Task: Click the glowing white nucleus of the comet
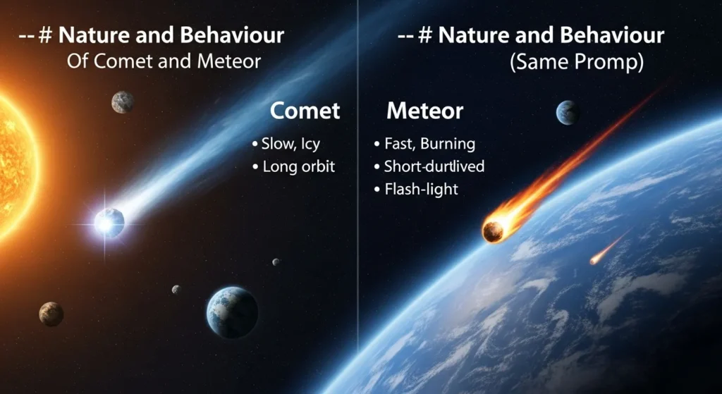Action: tap(109, 223)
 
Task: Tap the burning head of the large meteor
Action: tap(494, 230)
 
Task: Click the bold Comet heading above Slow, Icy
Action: tap(305, 111)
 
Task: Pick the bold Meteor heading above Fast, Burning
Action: tap(424, 111)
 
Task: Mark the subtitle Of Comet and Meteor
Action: tap(164, 61)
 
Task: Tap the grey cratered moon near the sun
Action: tap(123, 102)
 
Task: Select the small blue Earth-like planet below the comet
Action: tap(232, 312)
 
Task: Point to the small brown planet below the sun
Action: tap(51, 314)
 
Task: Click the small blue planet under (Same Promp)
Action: tap(568, 112)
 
